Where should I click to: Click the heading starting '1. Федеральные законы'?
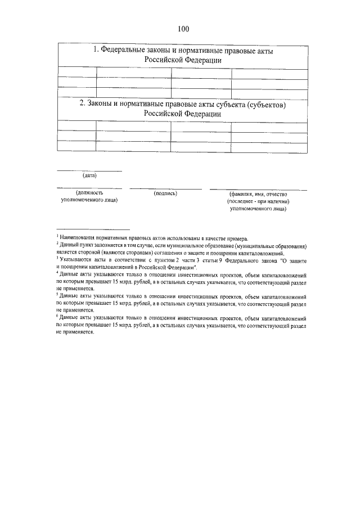183,55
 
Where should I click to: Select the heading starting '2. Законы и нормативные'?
183,109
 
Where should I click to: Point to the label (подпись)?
165,193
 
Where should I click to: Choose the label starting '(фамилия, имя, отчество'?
258,201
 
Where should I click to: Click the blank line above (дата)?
89,170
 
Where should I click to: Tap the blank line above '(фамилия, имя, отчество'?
258,189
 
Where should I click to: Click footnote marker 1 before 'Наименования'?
57,237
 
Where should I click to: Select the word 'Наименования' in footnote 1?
78,238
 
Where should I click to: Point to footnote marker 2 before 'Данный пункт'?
57,245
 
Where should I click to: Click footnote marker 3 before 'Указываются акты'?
57,258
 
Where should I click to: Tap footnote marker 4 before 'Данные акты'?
57,272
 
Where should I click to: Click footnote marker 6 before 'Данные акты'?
57,316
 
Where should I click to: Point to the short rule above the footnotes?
93,229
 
